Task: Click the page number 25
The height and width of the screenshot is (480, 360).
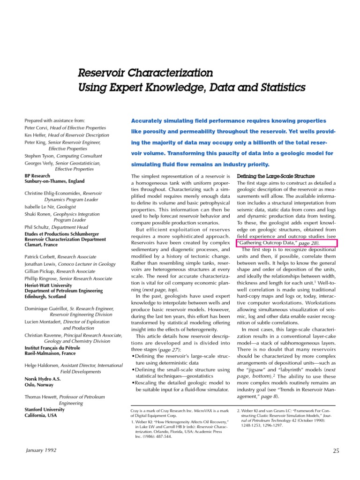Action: (x=336, y=451)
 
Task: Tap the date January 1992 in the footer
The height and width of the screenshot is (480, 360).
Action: (x=41, y=450)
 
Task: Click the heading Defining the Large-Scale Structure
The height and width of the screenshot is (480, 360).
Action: (x=276, y=176)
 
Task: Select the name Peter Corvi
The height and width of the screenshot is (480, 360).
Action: (x=37, y=127)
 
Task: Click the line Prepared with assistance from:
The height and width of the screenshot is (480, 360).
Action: (x=54, y=120)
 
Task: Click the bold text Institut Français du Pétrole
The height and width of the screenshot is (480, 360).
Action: (x=52, y=348)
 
